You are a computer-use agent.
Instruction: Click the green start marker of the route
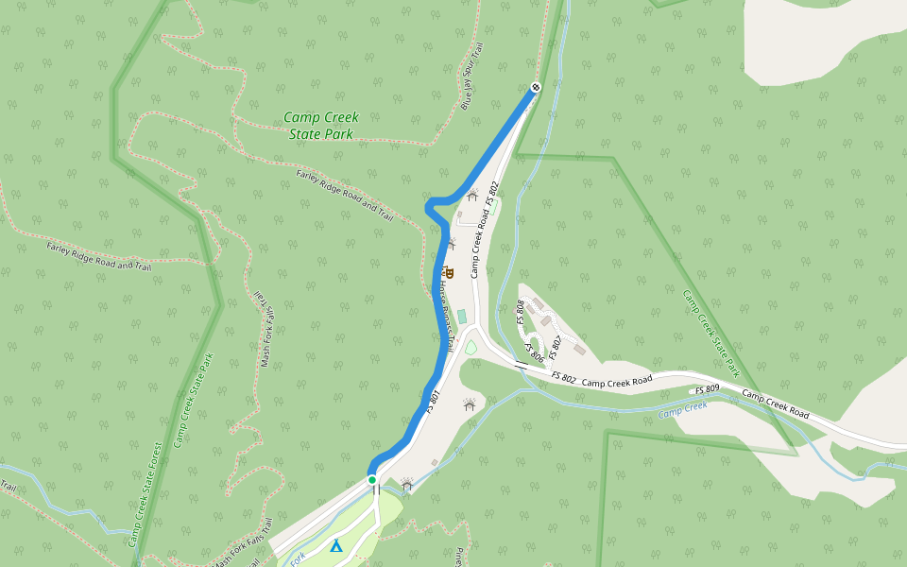[372, 480]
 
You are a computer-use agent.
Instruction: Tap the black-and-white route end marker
[536, 88]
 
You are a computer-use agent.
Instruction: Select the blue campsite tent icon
[335, 545]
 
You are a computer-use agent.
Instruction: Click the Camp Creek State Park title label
[321, 126]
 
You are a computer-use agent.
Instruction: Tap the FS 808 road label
[520, 312]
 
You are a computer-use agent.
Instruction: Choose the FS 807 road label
[555, 347]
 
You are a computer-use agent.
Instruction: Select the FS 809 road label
[708, 389]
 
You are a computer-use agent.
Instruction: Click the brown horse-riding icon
[448, 274]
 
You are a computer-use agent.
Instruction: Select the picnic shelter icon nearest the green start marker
[407, 485]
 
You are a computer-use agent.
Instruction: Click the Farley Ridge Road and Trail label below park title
[345, 195]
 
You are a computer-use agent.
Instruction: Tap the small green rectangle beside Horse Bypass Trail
[461, 315]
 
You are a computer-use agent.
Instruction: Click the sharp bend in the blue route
[430, 205]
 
